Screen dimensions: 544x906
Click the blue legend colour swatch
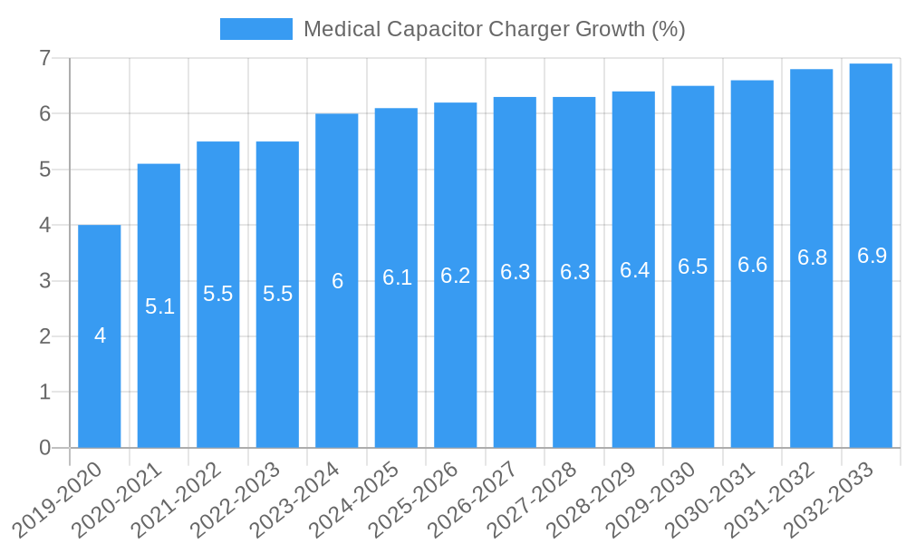(255, 29)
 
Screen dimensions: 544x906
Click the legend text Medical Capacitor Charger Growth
(494, 29)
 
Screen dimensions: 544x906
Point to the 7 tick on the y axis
(44, 58)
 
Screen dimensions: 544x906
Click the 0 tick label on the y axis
(44, 448)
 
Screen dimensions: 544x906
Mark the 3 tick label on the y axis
(44, 281)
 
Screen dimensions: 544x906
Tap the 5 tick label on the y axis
(44, 170)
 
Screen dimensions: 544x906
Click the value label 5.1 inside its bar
(159, 306)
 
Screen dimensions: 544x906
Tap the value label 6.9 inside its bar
(872, 256)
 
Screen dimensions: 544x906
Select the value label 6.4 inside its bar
(634, 270)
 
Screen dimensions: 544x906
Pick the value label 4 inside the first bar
(100, 335)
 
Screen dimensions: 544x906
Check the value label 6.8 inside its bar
(812, 257)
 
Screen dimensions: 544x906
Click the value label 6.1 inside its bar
(397, 277)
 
